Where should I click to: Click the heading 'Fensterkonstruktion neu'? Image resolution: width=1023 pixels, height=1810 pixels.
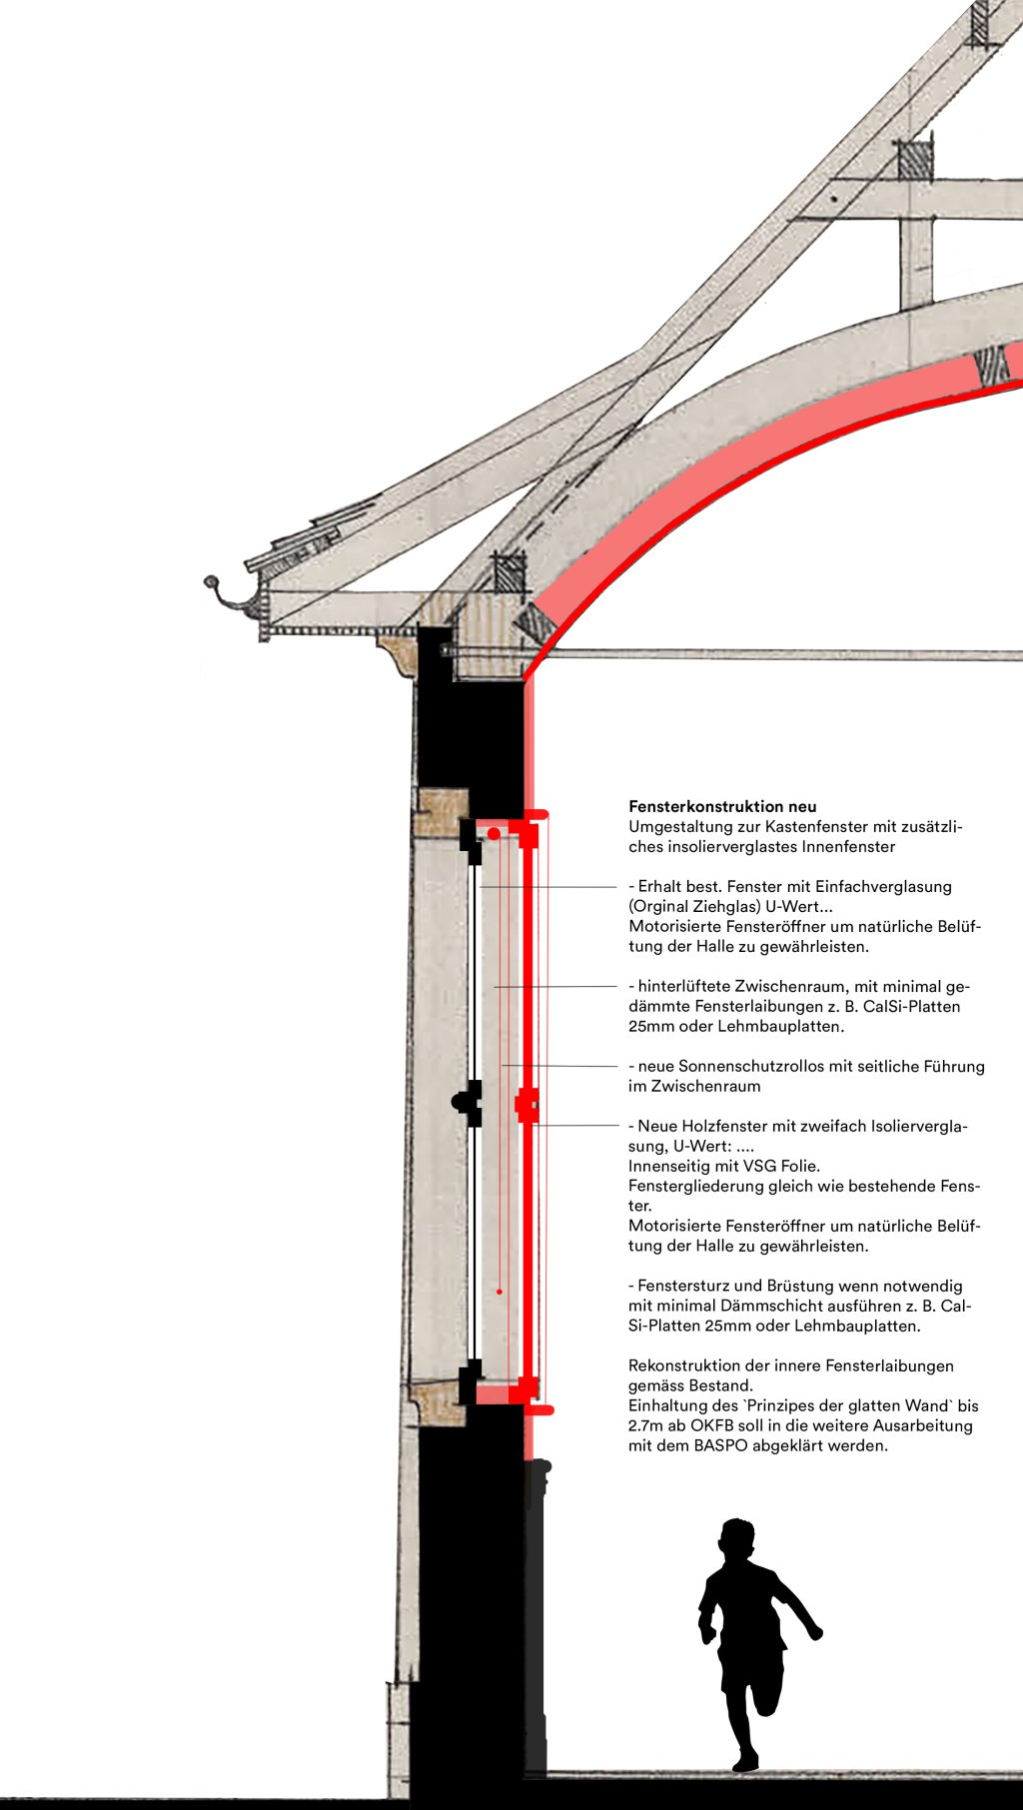722,806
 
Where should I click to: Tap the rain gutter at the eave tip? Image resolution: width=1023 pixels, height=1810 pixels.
222,593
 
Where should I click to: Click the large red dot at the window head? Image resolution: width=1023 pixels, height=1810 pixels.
494,833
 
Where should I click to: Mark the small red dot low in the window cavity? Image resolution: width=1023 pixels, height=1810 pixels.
500,1292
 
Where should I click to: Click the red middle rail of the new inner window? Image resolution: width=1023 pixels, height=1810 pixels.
526,1106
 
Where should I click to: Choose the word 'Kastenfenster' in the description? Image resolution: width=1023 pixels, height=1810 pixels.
839,826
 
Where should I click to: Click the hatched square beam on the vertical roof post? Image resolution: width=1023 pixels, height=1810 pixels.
914,160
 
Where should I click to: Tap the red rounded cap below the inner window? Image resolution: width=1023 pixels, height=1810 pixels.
539,1409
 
